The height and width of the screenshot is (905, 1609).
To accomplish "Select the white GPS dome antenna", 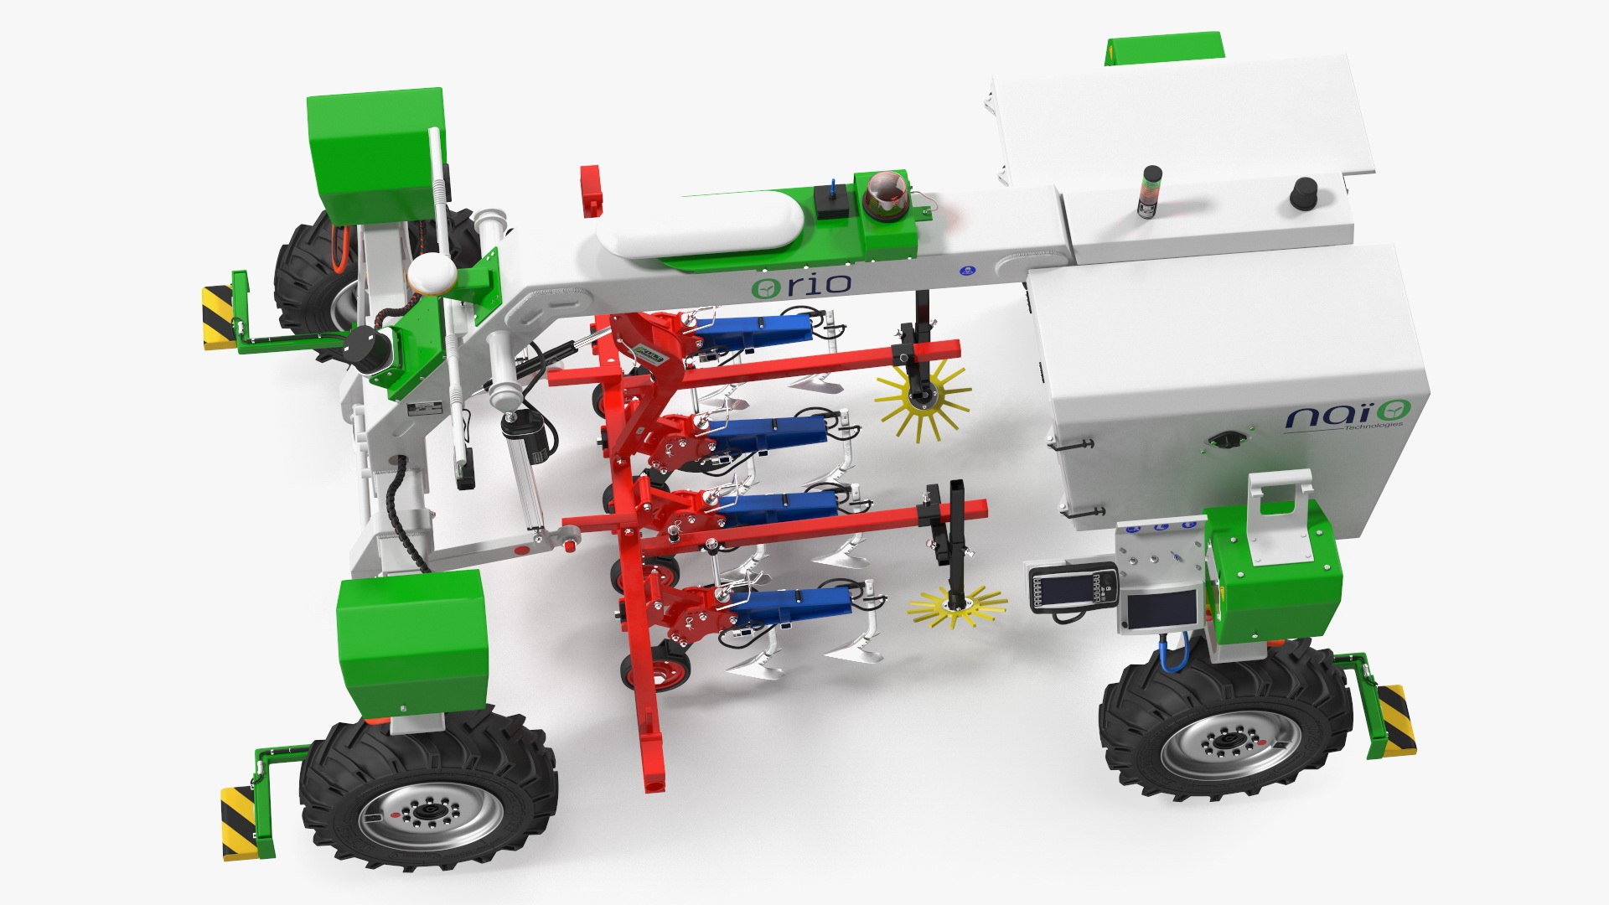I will pos(431,271).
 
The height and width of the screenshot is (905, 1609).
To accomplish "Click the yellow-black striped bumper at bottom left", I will pos(236,823).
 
